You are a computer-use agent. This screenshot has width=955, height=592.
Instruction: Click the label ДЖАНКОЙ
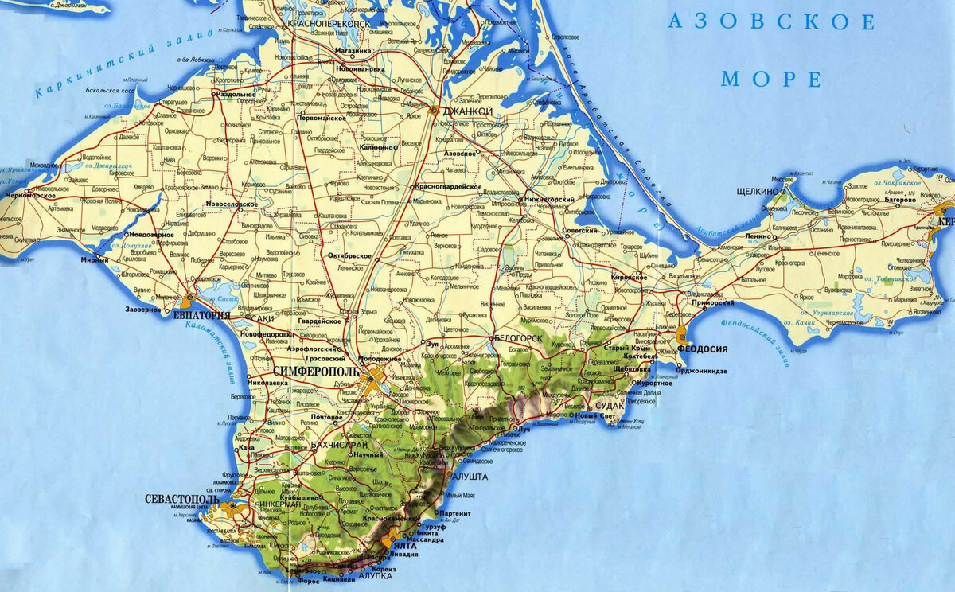click(x=462, y=111)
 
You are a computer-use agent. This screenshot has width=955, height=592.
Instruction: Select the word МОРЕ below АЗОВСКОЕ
click(x=770, y=79)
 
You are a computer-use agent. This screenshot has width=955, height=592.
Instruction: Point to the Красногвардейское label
click(x=447, y=186)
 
